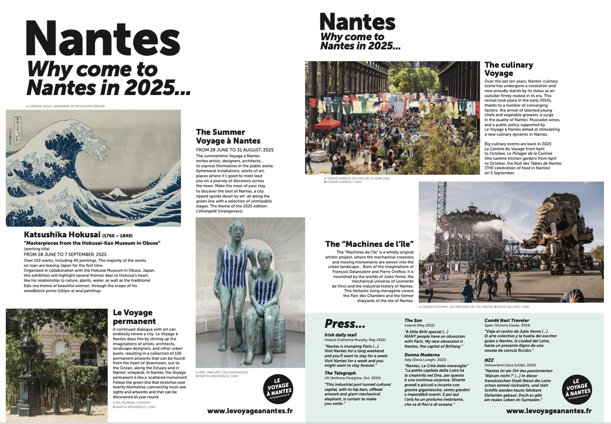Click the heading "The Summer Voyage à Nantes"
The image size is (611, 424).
pyautogui.click(x=228, y=136)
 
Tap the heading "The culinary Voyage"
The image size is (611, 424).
pyautogui.click(x=508, y=69)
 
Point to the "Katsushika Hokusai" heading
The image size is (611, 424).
pyautogui.click(x=62, y=235)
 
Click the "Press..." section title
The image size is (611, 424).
pyautogui.click(x=345, y=323)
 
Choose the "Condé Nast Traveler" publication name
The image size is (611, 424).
pyautogui.click(x=506, y=321)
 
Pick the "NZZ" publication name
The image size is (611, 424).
pyautogui.click(x=489, y=360)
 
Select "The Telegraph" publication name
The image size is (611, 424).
pyautogui.click(x=340, y=373)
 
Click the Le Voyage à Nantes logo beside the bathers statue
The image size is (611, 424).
pyautogui.click(x=278, y=389)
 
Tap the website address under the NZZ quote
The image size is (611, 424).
pyautogui.click(x=548, y=410)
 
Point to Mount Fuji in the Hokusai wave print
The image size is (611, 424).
pyautogui.click(x=115, y=193)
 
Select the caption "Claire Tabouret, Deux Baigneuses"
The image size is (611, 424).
pyautogui.click(x=222, y=372)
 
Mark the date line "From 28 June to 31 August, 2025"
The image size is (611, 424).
pyautogui.click(x=228, y=150)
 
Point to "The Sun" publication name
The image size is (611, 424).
pyautogui.click(x=413, y=321)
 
